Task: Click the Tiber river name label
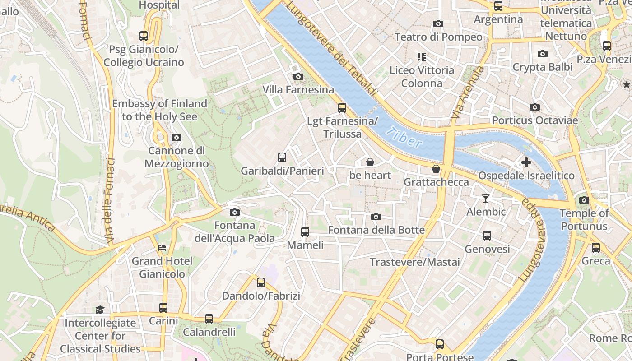click(404, 137)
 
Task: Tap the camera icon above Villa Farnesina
click(298, 76)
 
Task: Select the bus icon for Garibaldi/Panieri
click(282, 157)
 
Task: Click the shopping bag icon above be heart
click(370, 162)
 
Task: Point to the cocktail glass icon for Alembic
click(486, 198)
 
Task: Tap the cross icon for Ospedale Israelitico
click(526, 162)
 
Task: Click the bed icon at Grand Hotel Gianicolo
click(162, 248)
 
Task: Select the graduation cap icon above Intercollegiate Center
click(100, 310)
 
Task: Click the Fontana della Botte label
click(376, 230)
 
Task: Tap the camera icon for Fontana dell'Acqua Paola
click(234, 212)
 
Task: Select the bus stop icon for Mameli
click(305, 232)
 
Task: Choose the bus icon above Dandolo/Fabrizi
click(261, 282)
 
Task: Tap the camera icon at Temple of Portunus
click(584, 200)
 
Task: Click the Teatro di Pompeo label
click(438, 37)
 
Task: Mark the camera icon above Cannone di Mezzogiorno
click(177, 137)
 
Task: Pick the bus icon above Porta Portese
click(440, 344)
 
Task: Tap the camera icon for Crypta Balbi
click(543, 54)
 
